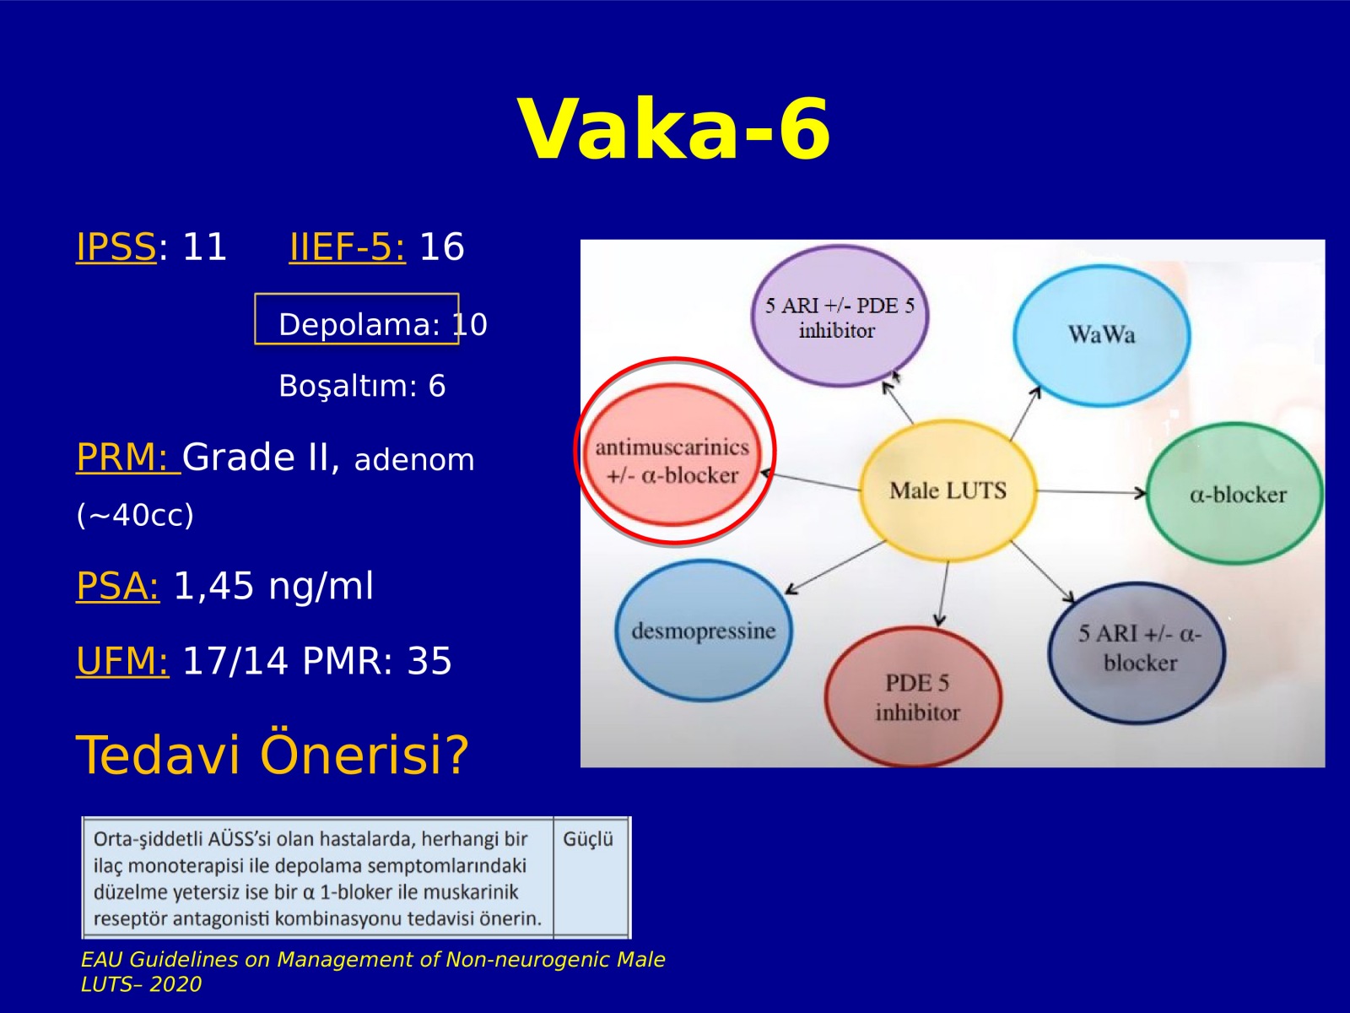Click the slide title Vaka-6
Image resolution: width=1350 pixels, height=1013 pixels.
(x=675, y=130)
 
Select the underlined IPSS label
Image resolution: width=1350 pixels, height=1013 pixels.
(x=116, y=247)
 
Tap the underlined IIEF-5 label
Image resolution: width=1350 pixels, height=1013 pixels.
(x=348, y=247)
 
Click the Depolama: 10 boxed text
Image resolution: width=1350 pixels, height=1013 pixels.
(x=382, y=324)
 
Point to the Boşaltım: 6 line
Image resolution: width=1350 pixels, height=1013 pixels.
(x=362, y=386)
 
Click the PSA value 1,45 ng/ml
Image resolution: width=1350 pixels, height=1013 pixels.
(x=273, y=586)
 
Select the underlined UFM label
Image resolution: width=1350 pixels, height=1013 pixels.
(x=121, y=661)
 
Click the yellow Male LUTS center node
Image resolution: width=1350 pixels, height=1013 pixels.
(x=948, y=490)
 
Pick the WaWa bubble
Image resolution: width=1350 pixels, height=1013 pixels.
(x=1102, y=335)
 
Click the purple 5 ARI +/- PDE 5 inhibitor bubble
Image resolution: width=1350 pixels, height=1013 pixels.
(x=840, y=317)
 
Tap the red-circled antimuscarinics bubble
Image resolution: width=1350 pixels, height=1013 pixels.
(x=674, y=454)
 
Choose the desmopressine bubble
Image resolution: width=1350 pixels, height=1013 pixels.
(x=704, y=631)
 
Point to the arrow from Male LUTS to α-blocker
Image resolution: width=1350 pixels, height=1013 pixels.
(x=1091, y=492)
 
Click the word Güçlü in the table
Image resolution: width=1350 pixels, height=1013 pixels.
(x=588, y=840)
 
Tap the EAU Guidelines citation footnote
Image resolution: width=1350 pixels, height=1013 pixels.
(x=373, y=972)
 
